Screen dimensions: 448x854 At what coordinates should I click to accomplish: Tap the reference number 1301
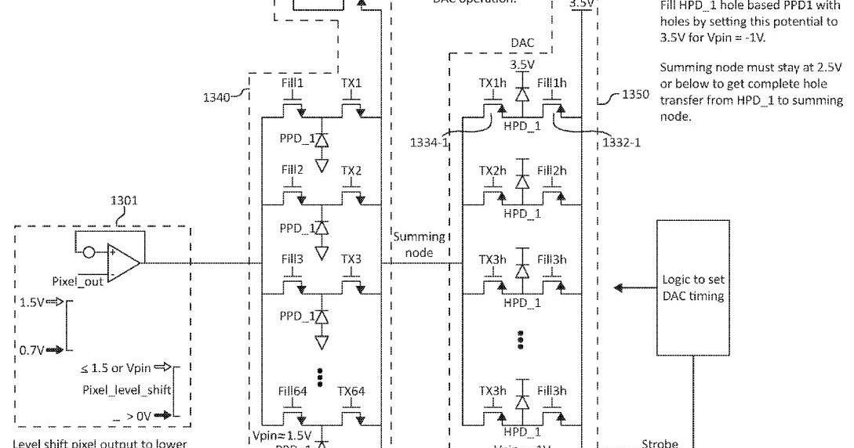(x=125, y=201)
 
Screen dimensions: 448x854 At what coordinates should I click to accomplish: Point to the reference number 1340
(x=217, y=98)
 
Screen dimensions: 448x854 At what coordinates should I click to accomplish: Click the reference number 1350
(x=635, y=95)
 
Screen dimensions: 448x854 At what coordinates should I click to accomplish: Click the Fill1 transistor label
(x=293, y=83)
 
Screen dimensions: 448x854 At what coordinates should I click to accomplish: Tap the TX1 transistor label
(x=351, y=83)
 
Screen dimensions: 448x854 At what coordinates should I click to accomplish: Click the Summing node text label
(x=419, y=244)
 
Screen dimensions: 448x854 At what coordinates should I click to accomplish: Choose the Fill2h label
(x=552, y=171)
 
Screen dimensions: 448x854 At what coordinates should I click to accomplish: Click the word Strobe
(x=658, y=442)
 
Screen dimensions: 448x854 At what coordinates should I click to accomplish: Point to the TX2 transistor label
(x=351, y=171)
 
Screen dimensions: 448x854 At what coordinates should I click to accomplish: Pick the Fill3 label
(x=293, y=258)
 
